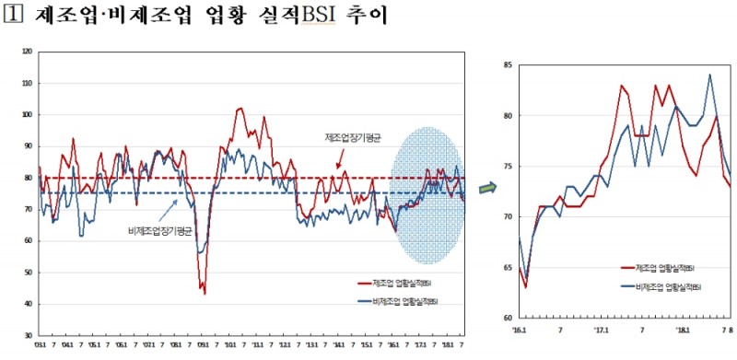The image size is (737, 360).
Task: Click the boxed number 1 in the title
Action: tap(13, 17)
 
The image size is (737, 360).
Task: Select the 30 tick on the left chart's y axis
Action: tap(28, 335)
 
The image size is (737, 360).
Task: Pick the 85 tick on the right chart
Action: tap(509, 65)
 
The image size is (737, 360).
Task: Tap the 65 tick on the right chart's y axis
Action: tap(509, 268)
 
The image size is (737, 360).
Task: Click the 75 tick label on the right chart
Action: tap(509, 167)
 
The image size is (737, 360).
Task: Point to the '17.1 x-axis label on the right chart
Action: tap(602, 327)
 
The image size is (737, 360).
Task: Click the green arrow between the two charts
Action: tap(487, 187)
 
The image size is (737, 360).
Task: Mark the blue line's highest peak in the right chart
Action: tap(709, 75)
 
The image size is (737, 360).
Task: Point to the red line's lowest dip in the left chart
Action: tap(205, 293)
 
